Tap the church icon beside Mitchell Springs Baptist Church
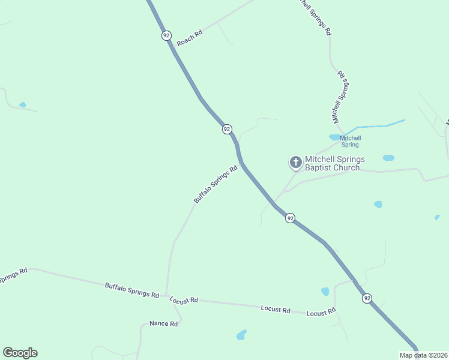coord(295,162)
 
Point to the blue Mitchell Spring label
coord(349,141)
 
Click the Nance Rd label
coord(164,323)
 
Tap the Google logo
coord(20,353)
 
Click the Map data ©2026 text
coord(423,355)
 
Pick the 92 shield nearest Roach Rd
coord(166,35)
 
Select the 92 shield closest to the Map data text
coord(367,298)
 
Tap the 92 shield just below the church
coord(291,218)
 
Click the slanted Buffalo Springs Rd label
coord(215,184)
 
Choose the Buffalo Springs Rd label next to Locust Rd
coord(131,290)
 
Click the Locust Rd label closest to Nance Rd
coord(184,299)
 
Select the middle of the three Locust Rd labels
coord(276,309)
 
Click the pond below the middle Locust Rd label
coord(241,334)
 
